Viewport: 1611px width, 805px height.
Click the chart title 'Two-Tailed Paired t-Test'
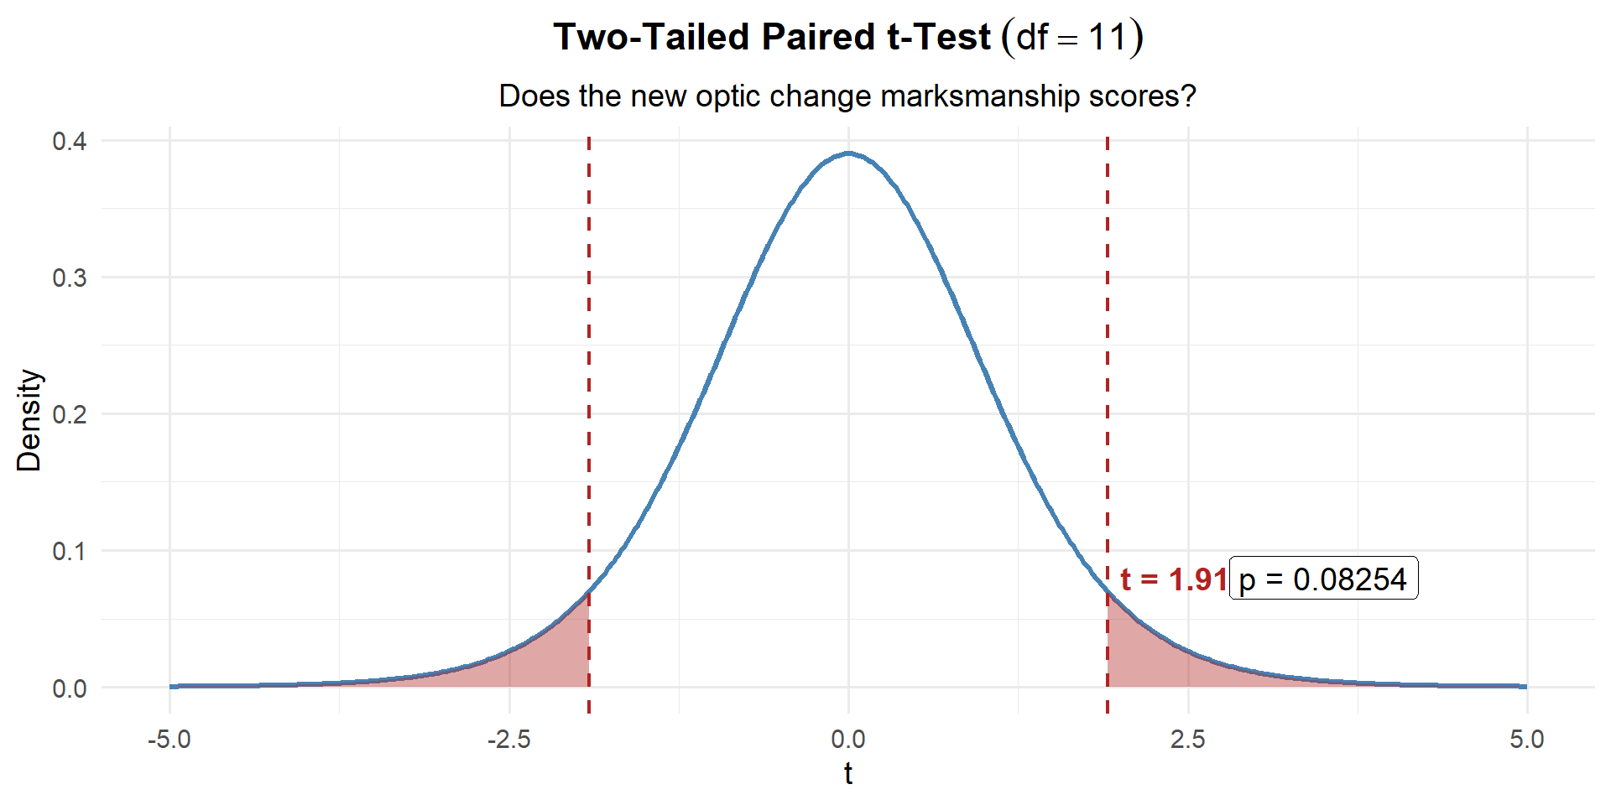772,37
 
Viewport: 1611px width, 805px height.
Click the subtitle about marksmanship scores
847,96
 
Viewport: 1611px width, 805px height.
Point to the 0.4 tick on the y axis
70,141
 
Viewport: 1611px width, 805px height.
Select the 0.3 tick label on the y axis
70,278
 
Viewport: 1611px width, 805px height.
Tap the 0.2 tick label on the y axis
70,414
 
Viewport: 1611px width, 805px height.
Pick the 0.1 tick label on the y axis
70,551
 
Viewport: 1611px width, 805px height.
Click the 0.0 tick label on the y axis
70,688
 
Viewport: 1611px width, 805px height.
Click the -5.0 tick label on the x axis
169,740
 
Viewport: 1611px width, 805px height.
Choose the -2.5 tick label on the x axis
509,740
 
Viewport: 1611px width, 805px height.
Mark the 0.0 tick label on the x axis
848,740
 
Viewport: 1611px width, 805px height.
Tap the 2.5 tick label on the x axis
1187,740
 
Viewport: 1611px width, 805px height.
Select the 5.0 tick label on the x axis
1526,740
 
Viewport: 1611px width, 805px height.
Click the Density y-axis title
29,419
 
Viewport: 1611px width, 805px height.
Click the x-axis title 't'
848,773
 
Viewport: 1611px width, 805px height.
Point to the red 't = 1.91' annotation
1173,579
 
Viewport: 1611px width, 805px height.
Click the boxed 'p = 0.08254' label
1323,579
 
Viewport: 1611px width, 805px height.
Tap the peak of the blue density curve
848,153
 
